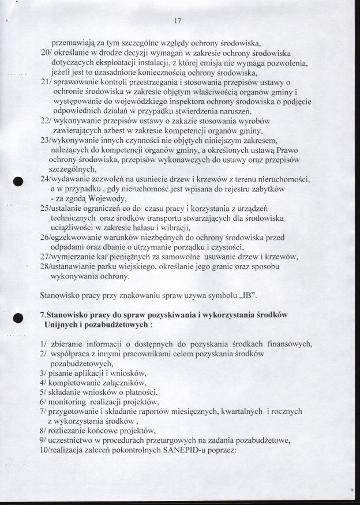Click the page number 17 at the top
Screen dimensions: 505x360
tap(177, 21)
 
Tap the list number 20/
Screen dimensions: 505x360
tap(48, 52)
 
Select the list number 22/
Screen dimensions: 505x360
tap(48, 121)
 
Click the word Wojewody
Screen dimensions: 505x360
tap(119, 199)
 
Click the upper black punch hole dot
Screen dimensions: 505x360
tap(18, 180)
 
